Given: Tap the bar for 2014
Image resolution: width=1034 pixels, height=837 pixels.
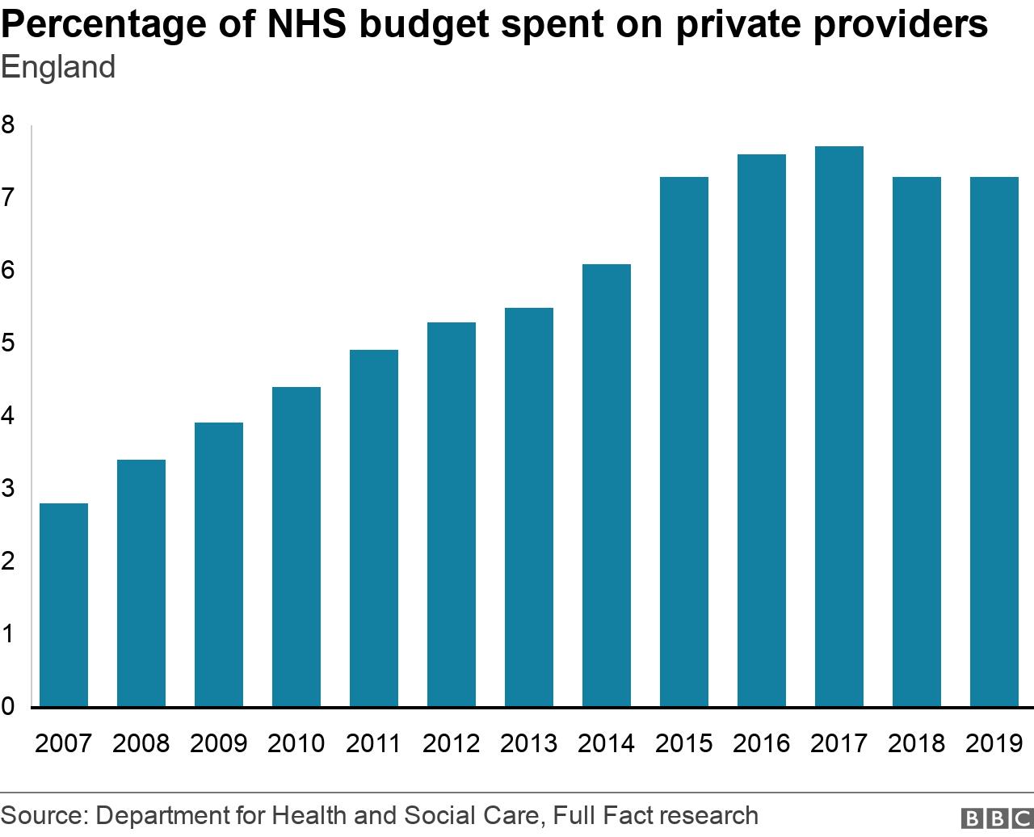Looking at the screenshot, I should point(607,485).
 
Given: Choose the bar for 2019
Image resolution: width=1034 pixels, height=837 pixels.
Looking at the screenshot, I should point(994,441).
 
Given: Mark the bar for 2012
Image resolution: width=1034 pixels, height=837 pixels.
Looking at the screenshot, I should point(452,514).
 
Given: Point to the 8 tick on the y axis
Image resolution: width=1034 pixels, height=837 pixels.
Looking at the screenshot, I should point(8,125).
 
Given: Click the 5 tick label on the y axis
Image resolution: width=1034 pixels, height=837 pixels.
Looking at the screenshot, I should point(8,343).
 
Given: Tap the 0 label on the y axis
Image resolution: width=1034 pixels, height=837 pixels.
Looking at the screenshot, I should point(8,707).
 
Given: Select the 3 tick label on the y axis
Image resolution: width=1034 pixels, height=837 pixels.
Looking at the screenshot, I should point(8,489).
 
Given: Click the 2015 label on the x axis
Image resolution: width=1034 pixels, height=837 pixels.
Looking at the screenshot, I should point(684,743).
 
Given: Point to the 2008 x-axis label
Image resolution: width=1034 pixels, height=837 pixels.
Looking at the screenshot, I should point(141,743).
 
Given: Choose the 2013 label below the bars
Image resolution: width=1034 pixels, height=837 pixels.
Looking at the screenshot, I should point(529,743).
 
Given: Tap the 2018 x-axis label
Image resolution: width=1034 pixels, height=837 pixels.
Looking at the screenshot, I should point(917,743).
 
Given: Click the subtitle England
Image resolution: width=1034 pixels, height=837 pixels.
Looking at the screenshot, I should point(58,67).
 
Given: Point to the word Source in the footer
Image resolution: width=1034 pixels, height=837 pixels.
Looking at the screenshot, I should point(42,815).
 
